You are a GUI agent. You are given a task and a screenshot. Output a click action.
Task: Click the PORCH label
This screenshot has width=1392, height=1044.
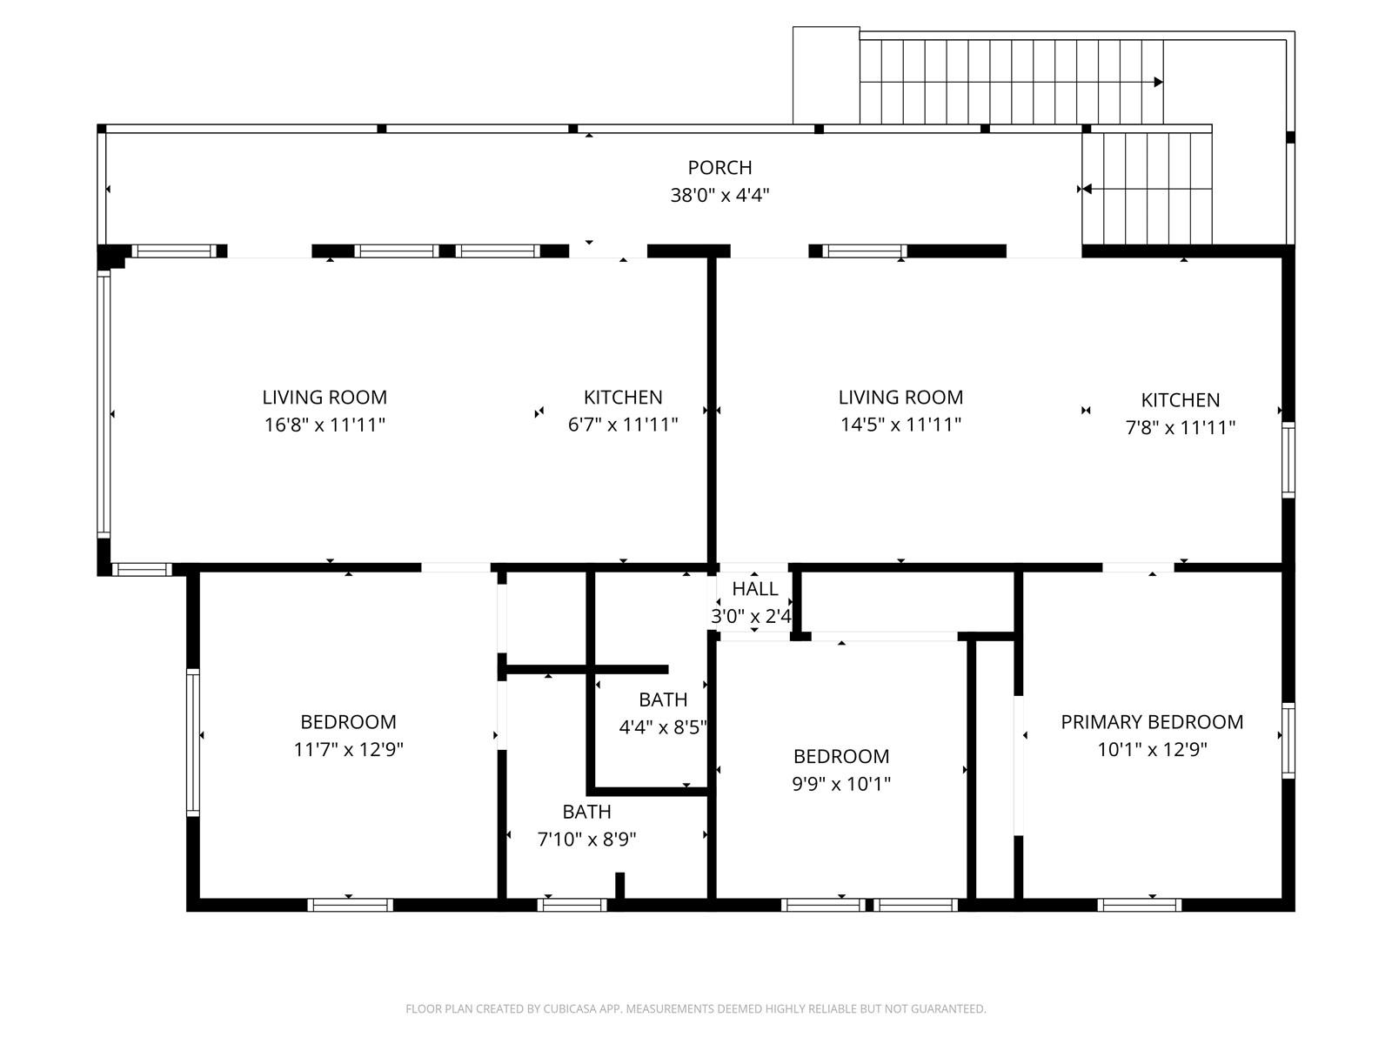tap(719, 167)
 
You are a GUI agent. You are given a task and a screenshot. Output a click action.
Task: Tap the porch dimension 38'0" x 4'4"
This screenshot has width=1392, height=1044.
tap(719, 195)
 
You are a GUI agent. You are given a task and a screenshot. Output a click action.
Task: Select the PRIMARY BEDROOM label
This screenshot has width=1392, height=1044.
tap(1152, 721)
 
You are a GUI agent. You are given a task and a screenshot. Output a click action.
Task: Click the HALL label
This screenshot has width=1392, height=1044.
tap(754, 589)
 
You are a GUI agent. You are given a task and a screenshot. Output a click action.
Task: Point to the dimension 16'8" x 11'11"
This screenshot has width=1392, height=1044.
tap(325, 425)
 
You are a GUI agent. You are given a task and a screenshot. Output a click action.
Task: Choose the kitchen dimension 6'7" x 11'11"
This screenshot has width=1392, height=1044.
tap(622, 425)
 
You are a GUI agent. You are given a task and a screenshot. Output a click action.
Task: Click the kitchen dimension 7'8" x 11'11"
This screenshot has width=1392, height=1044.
tap(1180, 427)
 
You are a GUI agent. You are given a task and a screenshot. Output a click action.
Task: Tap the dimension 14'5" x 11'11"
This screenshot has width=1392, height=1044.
tap(900, 425)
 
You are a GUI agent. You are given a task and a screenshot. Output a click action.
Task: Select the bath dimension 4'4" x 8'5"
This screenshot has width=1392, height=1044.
tap(662, 727)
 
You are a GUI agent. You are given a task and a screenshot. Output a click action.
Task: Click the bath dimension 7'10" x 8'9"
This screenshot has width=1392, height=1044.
tap(586, 840)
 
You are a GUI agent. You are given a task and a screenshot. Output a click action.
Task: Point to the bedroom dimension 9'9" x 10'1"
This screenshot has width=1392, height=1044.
tap(840, 784)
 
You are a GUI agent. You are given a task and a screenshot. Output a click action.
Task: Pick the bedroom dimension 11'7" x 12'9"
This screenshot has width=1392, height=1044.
tap(348, 749)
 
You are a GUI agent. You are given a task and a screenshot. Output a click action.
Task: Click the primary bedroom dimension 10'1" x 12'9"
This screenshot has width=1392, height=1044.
tap(1152, 749)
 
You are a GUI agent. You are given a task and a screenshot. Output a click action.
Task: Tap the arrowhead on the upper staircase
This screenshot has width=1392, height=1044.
tap(1158, 83)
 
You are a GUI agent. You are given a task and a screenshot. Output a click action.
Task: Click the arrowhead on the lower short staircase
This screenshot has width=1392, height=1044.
tap(1086, 189)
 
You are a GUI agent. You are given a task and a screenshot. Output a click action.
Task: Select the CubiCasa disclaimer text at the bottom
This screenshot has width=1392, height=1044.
tap(695, 1009)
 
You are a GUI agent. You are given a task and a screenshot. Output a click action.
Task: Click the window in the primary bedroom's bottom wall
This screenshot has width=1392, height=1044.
tap(1139, 905)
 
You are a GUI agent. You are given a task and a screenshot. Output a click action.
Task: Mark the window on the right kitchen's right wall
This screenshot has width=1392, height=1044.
tap(1288, 459)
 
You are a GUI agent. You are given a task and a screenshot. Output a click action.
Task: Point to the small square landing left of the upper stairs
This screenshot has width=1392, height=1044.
tap(826, 76)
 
